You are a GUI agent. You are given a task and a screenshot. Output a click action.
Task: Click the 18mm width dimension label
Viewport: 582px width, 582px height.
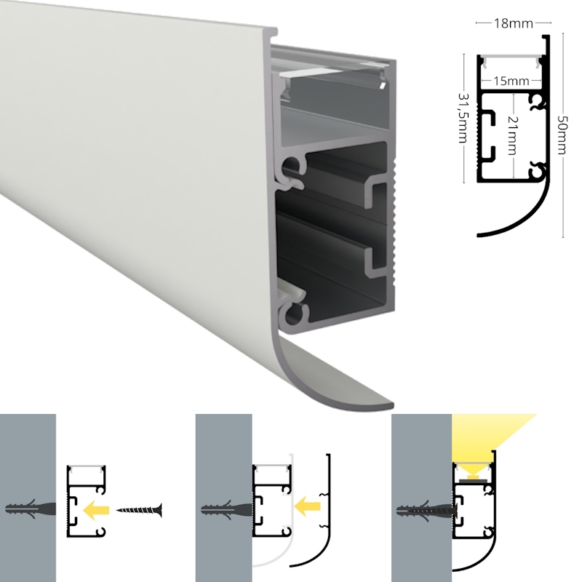[x=514, y=23]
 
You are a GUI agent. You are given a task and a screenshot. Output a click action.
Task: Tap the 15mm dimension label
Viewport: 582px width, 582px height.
[x=511, y=81]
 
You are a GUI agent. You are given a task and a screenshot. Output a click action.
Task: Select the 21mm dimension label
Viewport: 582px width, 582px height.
[x=513, y=135]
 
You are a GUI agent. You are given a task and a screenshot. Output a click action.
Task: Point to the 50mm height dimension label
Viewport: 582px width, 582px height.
[x=562, y=135]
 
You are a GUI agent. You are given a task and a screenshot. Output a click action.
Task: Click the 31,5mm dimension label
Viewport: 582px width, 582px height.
[x=463, y=118]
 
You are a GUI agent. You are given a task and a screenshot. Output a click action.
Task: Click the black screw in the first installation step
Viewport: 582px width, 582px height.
[x=139, y=511]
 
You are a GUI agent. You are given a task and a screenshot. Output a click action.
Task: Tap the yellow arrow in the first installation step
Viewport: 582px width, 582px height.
[x=96, y=510]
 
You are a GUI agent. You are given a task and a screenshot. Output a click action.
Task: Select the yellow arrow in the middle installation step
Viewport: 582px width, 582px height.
[x=307, y=506]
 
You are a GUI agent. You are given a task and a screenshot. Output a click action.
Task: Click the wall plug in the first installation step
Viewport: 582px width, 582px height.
[x=31, y=509]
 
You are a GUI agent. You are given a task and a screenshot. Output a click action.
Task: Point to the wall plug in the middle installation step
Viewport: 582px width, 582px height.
[x=227, y=510]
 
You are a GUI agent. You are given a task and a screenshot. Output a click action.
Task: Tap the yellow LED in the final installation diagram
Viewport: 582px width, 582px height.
[x=473, y=476]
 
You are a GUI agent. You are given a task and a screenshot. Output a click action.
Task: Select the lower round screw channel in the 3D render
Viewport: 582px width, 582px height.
[x=294, y=316]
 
